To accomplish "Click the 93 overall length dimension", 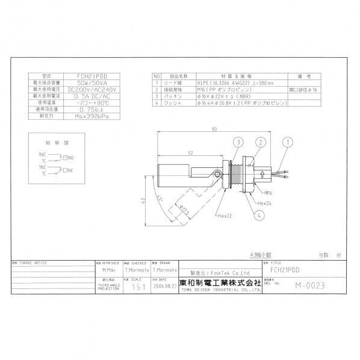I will (215, 129).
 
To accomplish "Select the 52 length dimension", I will (190, 153).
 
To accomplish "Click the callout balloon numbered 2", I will (260, 142).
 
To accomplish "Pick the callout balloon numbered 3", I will (238, 142).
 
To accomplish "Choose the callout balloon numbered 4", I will (259, 214).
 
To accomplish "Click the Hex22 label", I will (225, 215).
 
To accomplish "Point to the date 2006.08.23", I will (165, 287).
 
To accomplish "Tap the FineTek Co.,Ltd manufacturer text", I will (211, 272).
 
